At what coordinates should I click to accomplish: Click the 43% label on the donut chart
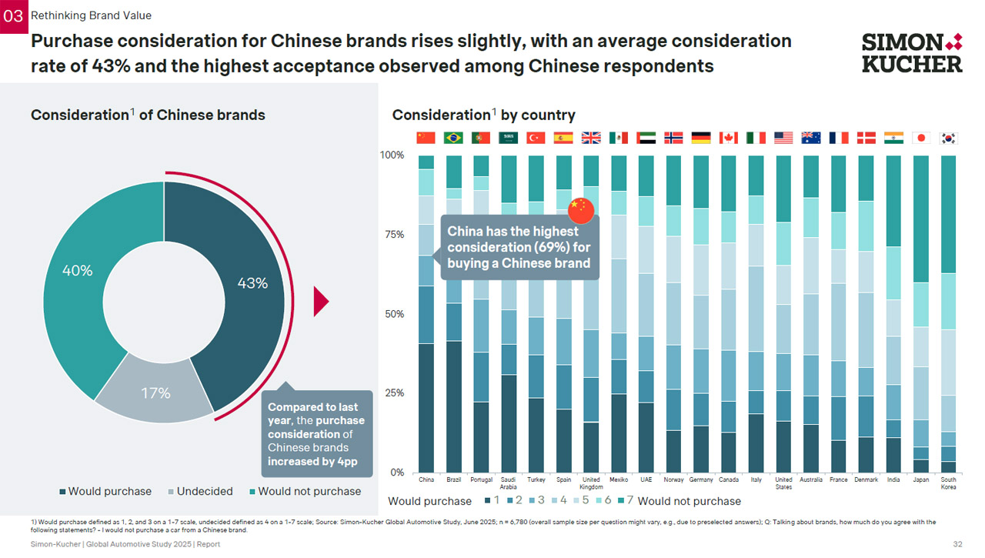(252, 283)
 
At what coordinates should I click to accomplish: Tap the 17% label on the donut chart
(155, 393)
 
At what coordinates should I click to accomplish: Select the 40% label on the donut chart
(77, 271)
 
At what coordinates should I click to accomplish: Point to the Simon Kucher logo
(912, 52)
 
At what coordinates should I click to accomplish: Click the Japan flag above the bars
(920, 138)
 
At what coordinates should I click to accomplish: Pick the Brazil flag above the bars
(453, 138)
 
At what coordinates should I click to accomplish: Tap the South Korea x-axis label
(948, 483)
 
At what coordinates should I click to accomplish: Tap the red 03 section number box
(13, 15)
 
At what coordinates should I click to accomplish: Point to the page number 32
(957, 544)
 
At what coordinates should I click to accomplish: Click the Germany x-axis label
(701, 479)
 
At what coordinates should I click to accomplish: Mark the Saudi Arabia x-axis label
(509, 483)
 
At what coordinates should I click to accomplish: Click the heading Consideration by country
(483, 115)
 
